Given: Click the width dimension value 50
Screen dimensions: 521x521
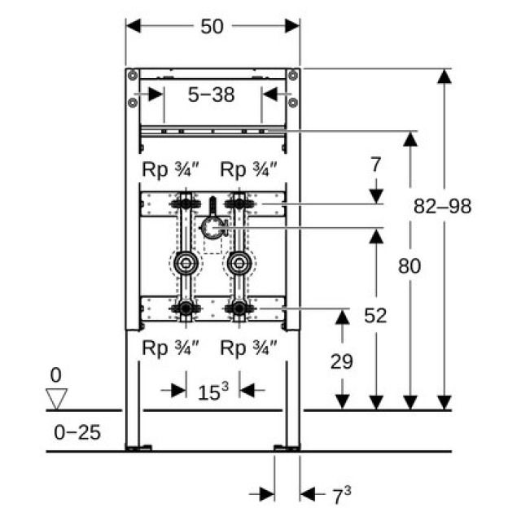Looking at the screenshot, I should click(x=212, y=26).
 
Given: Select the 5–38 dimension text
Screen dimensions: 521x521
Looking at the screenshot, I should click(x=212, y=95).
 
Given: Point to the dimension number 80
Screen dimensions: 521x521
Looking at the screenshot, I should click(x=409, y=266).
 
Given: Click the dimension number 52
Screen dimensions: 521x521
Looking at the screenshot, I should click(x=375, y=315).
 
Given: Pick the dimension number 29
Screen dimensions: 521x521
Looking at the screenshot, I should click(x=342, y=361).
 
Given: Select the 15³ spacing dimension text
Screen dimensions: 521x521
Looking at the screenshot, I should click(x=212, y=392).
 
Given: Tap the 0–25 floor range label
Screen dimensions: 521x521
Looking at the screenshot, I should click(x=77, y=431).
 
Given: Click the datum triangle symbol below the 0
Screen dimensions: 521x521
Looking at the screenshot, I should click(x=56, y=399).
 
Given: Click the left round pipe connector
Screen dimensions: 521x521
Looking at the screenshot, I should click(x=185, y=263).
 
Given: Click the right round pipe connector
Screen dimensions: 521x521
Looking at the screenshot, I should click(x=238, y=263).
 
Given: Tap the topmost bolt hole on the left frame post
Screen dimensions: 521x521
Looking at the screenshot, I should click(x=130, y=75).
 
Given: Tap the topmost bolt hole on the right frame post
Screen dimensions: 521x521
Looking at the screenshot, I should click(x=293, y=75).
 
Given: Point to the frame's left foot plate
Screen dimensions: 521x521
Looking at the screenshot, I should click(x=138, y=447).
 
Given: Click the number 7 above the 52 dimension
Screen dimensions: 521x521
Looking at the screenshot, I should click(x=375, y=165).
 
